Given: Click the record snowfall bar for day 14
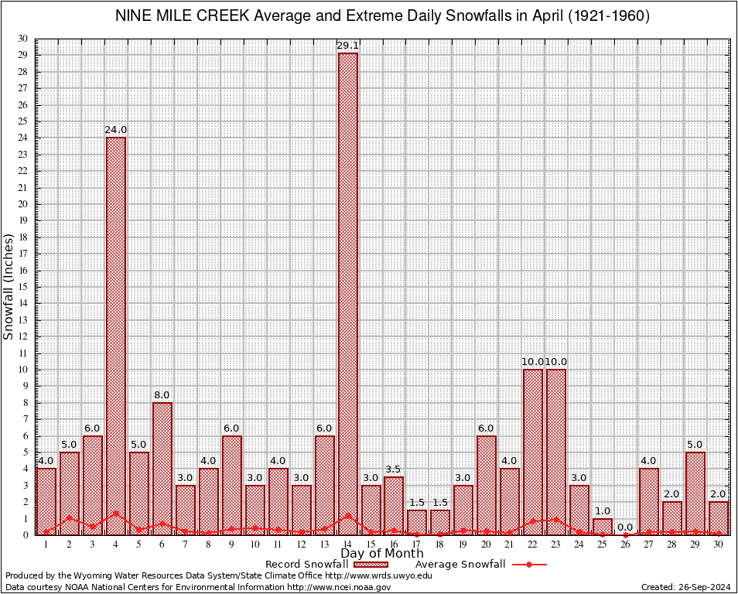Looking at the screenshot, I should click(347, 294).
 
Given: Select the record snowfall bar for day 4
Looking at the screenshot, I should click(115, 336).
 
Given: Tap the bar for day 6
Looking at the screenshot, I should click(162, 468).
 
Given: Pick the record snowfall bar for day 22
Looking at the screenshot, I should click(533, 452).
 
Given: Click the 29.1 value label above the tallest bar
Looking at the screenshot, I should click(347, 46).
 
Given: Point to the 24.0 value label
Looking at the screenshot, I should click(115, 130).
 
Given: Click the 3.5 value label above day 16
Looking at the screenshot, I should click(394, 469).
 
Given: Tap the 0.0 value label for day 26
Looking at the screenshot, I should click(625, 527).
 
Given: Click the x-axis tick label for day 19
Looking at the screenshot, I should click(463, 544).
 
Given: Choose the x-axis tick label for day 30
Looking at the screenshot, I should click(719, 544).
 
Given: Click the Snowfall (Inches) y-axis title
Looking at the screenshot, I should click(9, 287).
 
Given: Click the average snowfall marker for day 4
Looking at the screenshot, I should click(115, 513).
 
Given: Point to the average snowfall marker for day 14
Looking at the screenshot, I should click(347, 514).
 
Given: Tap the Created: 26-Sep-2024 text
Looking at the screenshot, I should click(686, 587).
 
